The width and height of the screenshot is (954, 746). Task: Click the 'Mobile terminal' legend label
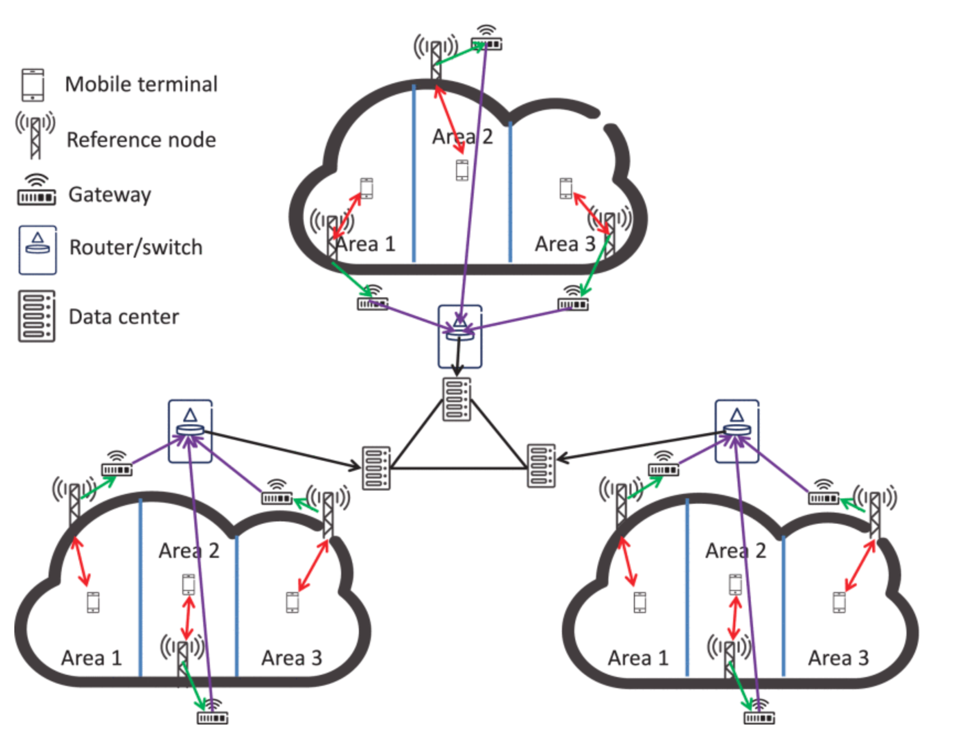(141, 84)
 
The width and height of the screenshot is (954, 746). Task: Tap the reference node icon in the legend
(35, 135)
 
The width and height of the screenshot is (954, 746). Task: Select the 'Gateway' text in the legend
(109, 194)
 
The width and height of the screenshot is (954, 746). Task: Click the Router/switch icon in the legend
(38, 249)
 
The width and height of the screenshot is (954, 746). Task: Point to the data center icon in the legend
(36, 316)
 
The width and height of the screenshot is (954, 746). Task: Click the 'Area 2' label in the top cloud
(463, 136)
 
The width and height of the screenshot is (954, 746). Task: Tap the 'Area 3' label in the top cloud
(565, 243)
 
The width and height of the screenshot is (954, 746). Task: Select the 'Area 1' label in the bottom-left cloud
(91, 658)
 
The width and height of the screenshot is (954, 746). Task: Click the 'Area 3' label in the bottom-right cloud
(838, 658)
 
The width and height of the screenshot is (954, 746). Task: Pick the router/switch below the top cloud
(460, 336)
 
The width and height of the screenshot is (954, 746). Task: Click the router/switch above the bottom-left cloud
(190, 431)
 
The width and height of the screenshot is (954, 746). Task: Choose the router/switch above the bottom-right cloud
(737, 431)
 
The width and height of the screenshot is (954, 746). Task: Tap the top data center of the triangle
(457, 399)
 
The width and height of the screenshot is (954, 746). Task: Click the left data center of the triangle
(376, 468)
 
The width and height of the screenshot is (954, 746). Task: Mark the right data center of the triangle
(541, 466)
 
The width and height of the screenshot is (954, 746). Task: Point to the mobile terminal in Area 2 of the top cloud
(462, 170)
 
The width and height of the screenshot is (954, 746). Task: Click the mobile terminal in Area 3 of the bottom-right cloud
(839, 602)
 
